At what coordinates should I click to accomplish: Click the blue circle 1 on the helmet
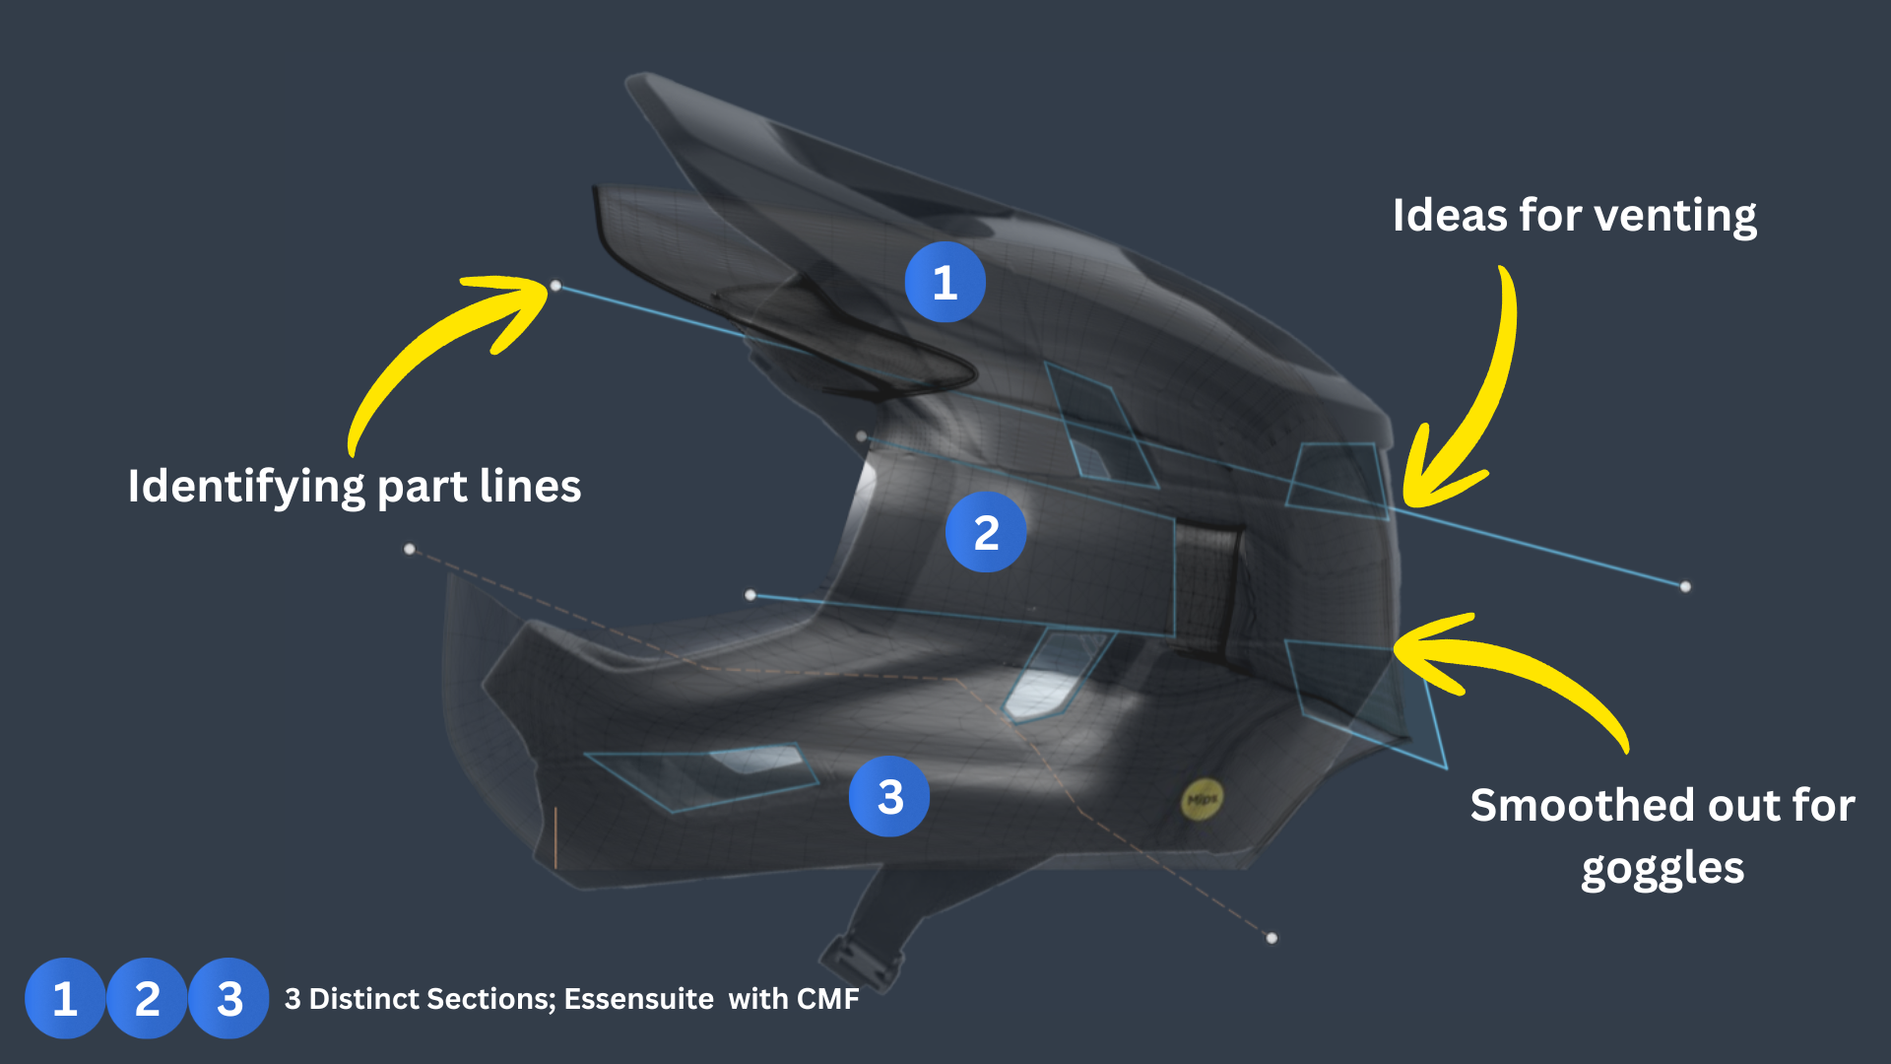[945, 283]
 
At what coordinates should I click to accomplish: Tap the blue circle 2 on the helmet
[985, 532]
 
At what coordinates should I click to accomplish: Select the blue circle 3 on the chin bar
[889, 796]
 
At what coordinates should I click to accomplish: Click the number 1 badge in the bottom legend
[65, 998]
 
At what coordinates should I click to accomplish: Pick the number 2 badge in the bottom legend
[147, 998]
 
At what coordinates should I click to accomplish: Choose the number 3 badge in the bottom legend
[228, 998]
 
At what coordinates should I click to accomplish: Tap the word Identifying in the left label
[246, 487]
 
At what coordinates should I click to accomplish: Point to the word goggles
[1663, 869]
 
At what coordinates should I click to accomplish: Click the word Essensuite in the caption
[638, 999]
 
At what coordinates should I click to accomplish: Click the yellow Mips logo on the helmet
[1202, 799]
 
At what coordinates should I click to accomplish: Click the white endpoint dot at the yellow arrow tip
[555, 286]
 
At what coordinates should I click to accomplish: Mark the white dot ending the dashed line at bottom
[1272, 938]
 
